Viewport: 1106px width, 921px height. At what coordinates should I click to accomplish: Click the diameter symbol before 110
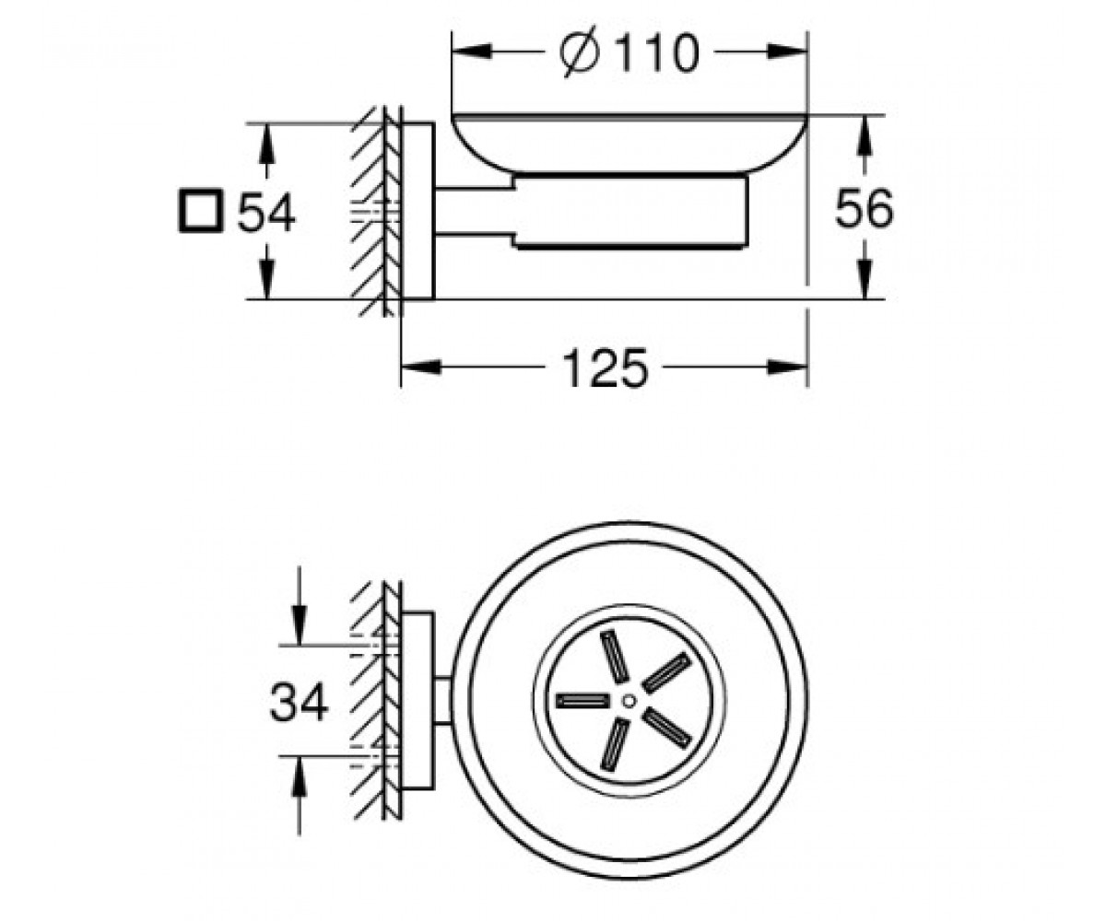(580, 52)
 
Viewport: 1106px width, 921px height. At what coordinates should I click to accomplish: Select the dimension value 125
(605, 367)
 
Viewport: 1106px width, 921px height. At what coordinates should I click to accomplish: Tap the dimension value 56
(864, 208)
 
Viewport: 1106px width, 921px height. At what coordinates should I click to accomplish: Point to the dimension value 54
(266, 212)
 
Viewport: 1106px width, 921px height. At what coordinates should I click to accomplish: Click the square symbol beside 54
(200, 211)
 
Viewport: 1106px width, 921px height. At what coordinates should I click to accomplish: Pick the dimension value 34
(299, 702)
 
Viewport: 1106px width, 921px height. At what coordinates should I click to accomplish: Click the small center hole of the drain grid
(629, 701)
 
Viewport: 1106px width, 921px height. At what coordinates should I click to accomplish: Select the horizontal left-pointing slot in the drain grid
(582, 701)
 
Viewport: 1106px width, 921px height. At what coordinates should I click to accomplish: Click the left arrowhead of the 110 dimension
(471, 52)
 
